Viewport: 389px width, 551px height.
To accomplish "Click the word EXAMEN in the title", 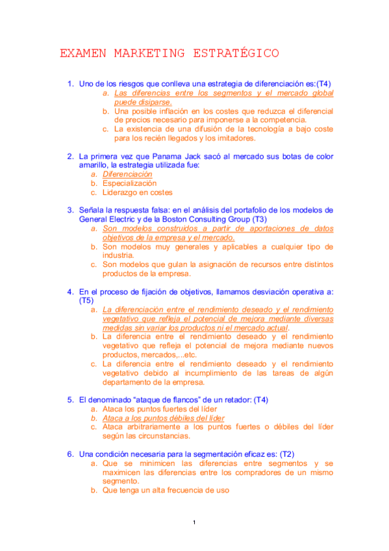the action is click(x=82, y=53).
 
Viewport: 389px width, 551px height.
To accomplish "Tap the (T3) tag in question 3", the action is click(x=260, y=219).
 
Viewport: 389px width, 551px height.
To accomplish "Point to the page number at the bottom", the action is click(x=194, y=523).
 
